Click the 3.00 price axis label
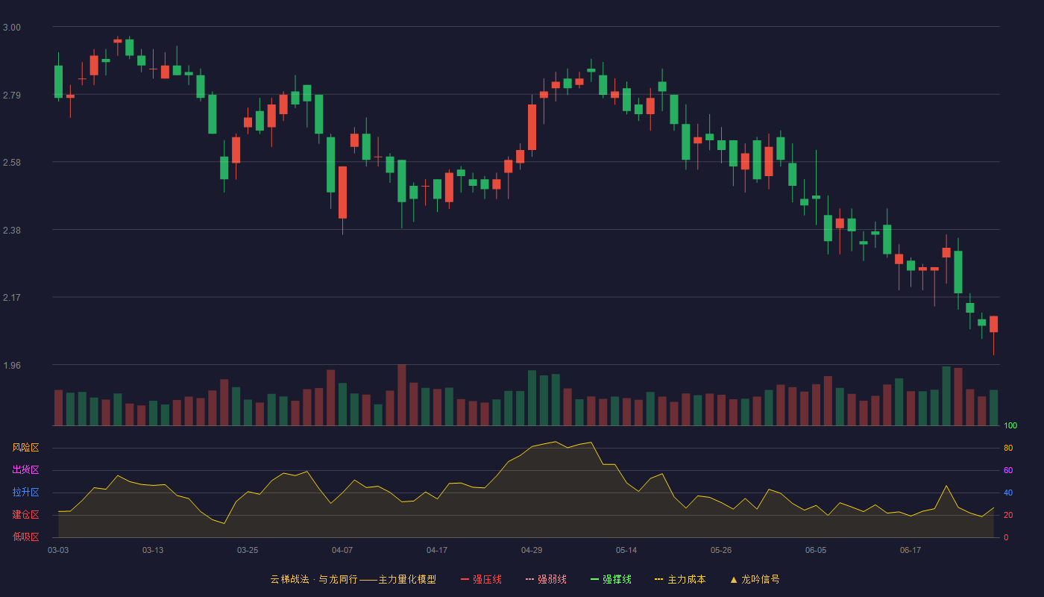pos(12,28)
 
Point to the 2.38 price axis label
pos(12,231)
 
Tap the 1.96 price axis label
pos(12,366)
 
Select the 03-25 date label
pos(248,551)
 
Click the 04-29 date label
pos(532,551)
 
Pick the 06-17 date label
pos(911,551)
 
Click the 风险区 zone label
pos(25,448)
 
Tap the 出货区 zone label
pos(25,469)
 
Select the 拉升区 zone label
pos(25,492)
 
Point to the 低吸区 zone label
pos(25,537)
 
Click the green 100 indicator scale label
pos(1010,425)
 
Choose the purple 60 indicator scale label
pos(1008,470)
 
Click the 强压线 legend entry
pos(481,579)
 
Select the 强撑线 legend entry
pos(611,579)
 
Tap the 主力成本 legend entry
pos(680,579)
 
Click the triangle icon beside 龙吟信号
pos(734,580)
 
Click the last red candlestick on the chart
pos(993,324)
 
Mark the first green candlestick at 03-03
pos(58,81)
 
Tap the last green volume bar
pos(993,407)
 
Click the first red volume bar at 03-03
pos(58,407)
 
